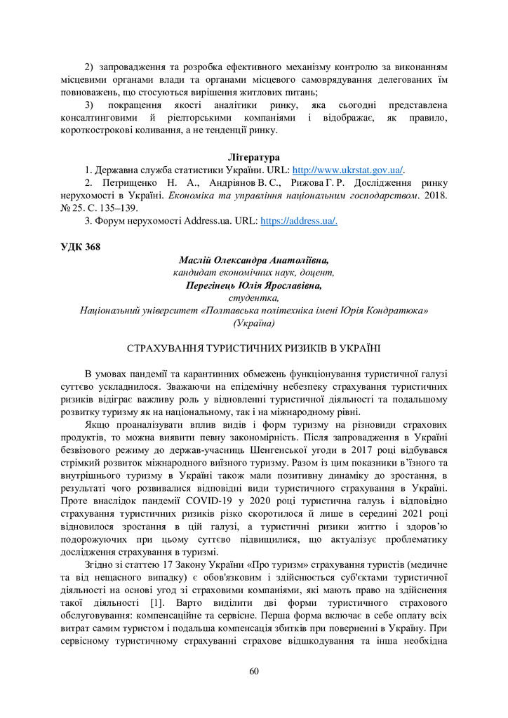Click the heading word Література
(254, 156)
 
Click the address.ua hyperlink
(299, 222)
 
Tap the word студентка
(254, 299)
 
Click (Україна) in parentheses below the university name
(254, 323)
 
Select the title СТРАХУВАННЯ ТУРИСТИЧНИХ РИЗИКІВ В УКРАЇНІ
(254, 348)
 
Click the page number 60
(254, 671)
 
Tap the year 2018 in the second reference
(434, 196)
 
